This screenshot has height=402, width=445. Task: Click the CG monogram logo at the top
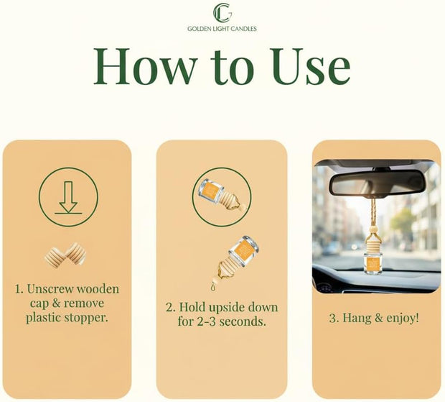pyautogui.click(x=222, y=12)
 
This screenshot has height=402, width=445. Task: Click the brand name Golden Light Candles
pyautogui.click(x=222, y=29)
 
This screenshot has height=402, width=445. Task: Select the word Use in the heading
pyautogui.click(x=311, y=67)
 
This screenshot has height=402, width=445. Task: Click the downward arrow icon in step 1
pyautogui.click(x=68, y=198)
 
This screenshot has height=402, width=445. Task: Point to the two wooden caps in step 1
pyautogui.click(x=65, y=254)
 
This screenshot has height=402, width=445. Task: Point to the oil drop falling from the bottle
pyautogui.click(x=213, y=286)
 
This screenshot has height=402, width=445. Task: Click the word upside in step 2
pyautogui.click(x=227, y=308)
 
